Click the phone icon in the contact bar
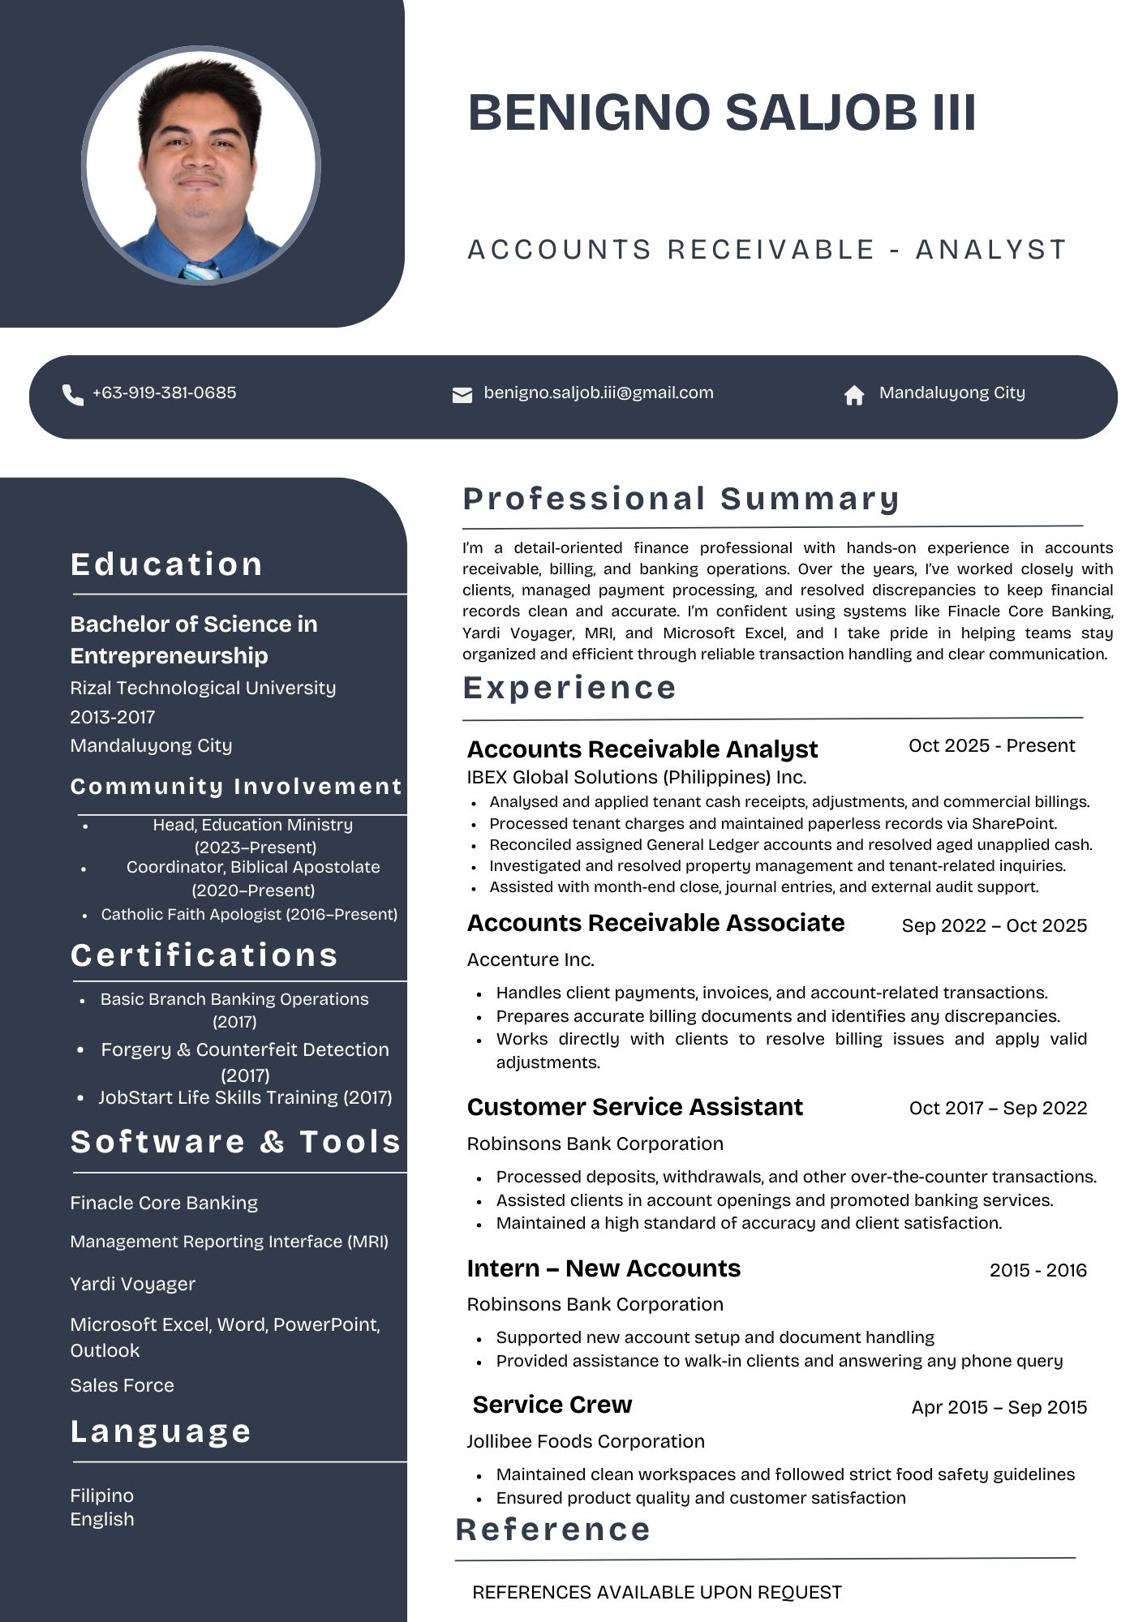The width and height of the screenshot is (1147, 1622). tap(73, 395)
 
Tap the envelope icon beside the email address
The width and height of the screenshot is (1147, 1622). tap(462, 395)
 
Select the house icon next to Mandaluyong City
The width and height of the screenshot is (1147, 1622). tap(854, 395)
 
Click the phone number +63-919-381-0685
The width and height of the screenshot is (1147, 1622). tap(165, 393)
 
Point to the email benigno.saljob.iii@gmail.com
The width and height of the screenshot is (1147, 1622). tap(599, 393)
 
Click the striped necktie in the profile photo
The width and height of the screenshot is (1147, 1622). tap(200, 271)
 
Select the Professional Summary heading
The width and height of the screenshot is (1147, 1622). tap(681, 498)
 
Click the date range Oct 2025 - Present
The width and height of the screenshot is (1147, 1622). tap(991, 745)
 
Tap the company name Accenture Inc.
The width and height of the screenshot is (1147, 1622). tap(531, 959)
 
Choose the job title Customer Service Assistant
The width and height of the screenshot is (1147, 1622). tap(635, 1107)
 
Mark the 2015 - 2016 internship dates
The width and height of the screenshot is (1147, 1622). tap(1037, 1270)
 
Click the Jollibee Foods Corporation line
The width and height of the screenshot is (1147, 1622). tap(586, 1441)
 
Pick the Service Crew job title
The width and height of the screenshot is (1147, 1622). tap(552, 1405)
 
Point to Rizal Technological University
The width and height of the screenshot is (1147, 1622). tap(203, 688)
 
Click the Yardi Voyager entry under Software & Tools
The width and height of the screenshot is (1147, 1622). tap(133, 1284)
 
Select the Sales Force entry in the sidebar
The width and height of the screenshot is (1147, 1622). tap(122, 1385)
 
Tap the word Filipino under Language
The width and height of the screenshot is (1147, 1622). tap(102, 1495)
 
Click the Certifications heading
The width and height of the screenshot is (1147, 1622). tap(204, 955)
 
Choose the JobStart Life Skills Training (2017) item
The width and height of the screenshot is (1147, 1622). tap(245, 1097)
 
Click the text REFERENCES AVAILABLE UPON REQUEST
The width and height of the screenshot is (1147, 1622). tap(657, 1592)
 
